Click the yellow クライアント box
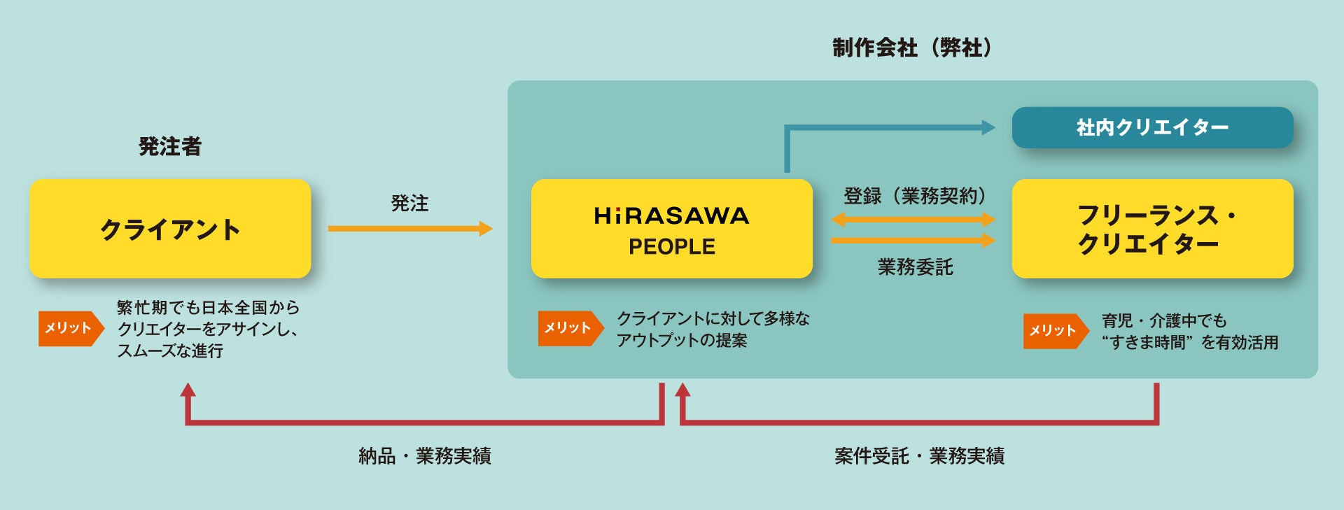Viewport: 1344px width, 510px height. pos(170,229)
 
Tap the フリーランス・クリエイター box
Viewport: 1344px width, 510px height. pos(1152,229)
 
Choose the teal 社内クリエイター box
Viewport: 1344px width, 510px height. pos(1152,127)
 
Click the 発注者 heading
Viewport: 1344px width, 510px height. pos(170,146)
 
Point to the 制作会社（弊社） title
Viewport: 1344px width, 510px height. pos(912,48)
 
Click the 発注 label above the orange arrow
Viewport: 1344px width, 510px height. pos(409,204)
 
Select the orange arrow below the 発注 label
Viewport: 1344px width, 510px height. pos(409,228)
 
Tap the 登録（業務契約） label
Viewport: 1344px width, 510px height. pos(914,196)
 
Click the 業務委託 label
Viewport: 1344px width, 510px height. pos(915,267)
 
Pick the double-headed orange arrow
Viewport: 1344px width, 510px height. pos(913,220)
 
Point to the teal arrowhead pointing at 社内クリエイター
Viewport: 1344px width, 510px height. pos(988,127)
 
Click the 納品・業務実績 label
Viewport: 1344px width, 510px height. pos(425,456)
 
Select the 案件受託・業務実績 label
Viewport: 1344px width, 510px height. pos(919,456)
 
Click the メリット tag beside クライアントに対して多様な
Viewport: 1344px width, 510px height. pos(569,328)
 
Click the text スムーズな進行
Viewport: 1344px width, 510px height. pos(170,350)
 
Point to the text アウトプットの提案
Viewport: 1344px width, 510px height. pos(682,341)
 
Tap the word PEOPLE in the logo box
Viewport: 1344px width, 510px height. pos(672,247)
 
